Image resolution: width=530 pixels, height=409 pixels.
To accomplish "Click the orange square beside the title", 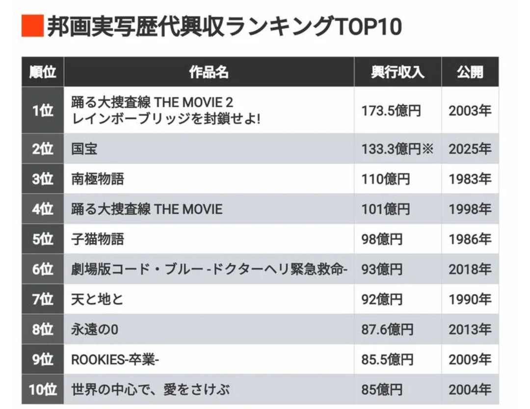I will point(32,26).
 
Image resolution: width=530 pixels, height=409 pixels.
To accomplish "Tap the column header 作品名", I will point(209,72).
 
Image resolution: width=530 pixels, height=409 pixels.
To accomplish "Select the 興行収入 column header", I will point(397,72).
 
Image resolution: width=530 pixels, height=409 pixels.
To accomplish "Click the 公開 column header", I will point(470,72).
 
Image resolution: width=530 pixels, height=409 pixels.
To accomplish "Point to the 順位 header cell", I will point(43,72).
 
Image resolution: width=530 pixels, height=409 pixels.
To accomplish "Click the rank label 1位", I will point(43,111).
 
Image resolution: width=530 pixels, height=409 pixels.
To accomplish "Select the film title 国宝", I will point(84,149).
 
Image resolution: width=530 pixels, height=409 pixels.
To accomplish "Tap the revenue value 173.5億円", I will point(391,111).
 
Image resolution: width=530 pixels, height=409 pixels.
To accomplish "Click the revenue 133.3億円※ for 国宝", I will point(397,149).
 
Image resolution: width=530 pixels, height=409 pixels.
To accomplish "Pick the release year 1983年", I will point(470,179).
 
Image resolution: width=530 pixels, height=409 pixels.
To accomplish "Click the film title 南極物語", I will point(98,179).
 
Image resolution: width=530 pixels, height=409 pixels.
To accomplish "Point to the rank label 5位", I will point(43,239).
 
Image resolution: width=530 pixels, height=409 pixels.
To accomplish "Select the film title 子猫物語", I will point(98,239).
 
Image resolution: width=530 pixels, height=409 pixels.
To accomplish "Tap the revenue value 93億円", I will point(382,269).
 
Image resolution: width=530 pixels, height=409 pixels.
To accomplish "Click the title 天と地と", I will point(97,299).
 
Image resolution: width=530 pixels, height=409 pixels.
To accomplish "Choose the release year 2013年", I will point(470,329).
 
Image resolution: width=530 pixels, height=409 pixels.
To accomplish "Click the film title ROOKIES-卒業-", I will point(116,360).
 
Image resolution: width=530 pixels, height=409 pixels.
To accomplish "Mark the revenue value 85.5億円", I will point(387,360).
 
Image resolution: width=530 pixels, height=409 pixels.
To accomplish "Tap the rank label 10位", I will point(43,390).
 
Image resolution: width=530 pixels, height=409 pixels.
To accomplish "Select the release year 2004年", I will point(470,390).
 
